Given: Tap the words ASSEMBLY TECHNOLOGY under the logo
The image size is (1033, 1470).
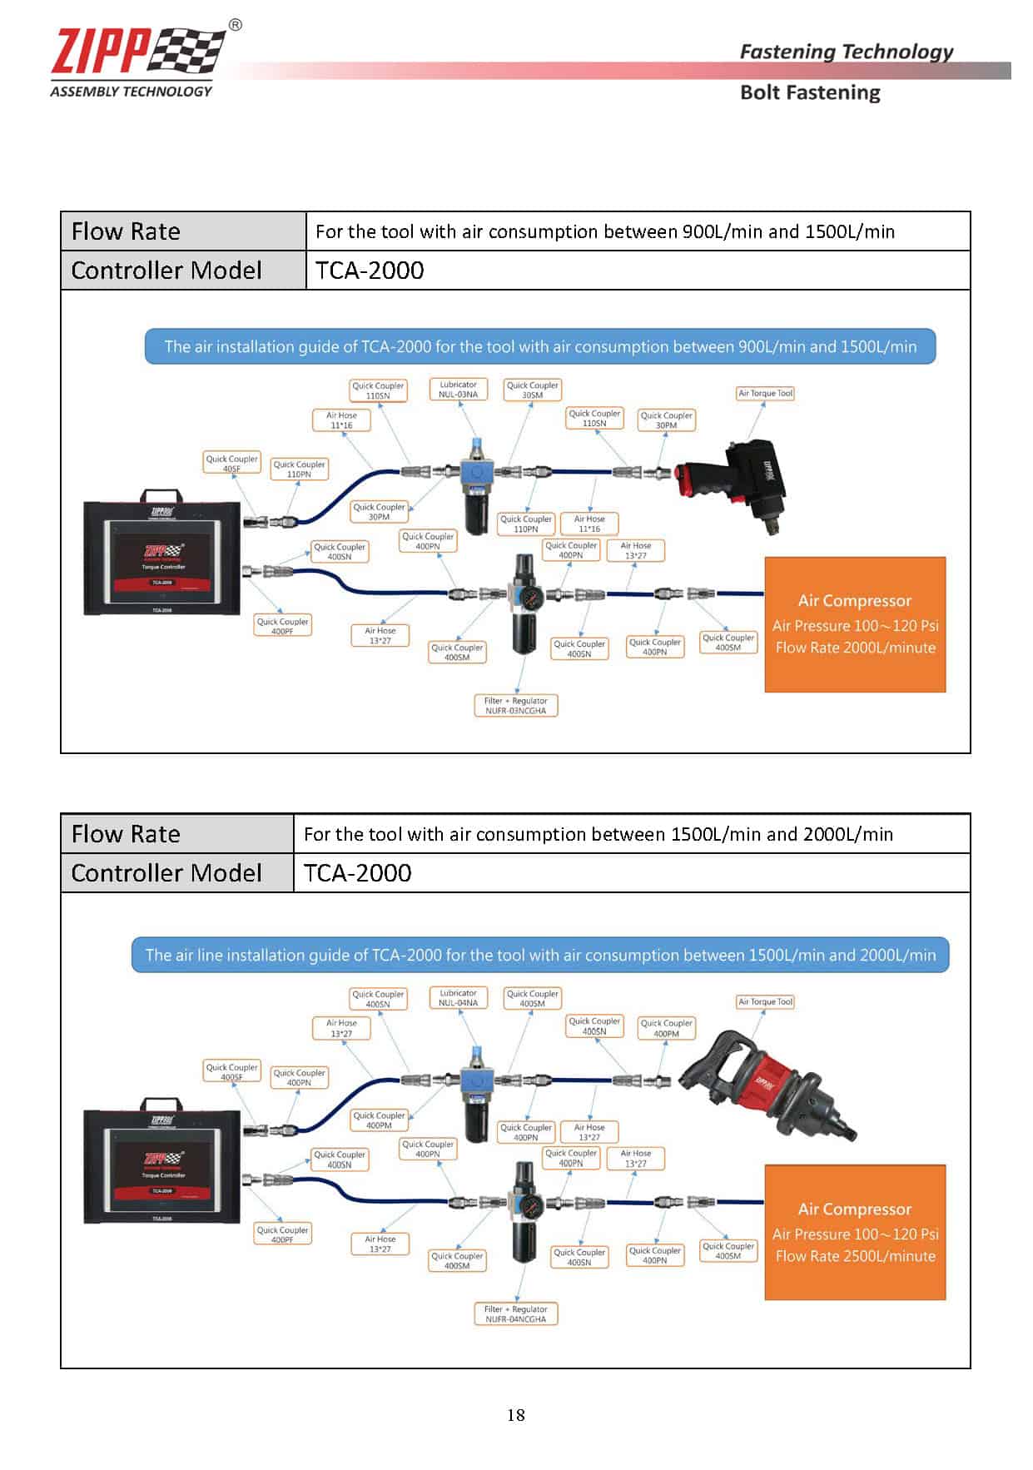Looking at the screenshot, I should pyautogui.click(x=131, y=92).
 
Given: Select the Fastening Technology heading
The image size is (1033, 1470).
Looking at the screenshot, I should pyautogui.click(x=846, y=52).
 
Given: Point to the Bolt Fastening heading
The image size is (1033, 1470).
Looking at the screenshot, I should pyautogui.click(x=809, y=92).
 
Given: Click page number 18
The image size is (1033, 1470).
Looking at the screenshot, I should pyautogui.click(x=515, y=1414).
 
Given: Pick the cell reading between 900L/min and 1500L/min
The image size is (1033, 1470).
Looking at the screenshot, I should pyautogui.click(x=605, y=231).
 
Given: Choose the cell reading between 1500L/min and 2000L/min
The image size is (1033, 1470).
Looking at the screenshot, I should pyautogui.click(x=598, y=834).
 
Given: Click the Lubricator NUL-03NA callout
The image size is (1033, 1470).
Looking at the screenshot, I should pyautogui.click(x=458, y=390).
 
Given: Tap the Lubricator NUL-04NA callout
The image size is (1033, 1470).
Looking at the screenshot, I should pyautogui.click(x=458, y=998).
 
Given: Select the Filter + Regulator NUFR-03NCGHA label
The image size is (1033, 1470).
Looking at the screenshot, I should pyautogui.click(x=516, y=706).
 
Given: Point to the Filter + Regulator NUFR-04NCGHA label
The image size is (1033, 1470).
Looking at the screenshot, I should pyautogui.click(x=516, y=1314).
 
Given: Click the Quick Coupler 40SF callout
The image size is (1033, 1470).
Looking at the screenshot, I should pyautogui.click(x=231, y=464).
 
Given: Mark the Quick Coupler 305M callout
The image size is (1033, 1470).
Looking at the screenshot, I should pyautogui.click(x=533, y=390).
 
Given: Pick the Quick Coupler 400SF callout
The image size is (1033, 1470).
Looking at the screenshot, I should pyautogui.click(x=231, y=1072).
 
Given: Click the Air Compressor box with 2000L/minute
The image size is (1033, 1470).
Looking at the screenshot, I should pyautogui.click(x=855, y=624).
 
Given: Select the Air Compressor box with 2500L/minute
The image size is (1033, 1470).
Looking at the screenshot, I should pyautogui.click(x=855, y=1233).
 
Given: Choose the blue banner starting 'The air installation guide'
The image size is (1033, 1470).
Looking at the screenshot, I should pyautogui.click(x=540, y=347).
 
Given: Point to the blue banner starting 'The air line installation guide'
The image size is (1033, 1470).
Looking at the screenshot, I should pyautogui.click(x=540, y=956).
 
